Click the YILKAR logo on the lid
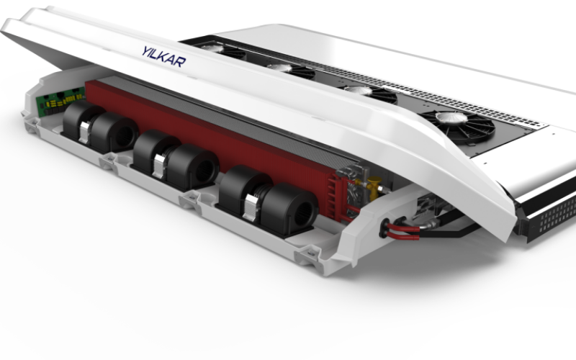pyautogui.click(x=164, y=57)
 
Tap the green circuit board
pyautogui.click(x=60, y=101)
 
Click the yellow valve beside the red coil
pyautogui.click(x=374, y=186)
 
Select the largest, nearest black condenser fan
pyautogui.click(x=458, y=127)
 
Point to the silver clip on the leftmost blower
pyautogui.click(x=84, y=132)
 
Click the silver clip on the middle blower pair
pyautogui.click(x=159, y=166)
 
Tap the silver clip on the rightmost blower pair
pyautogui.click(x=251, y=207)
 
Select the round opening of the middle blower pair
pyautogui.click(x=204, y=171)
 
